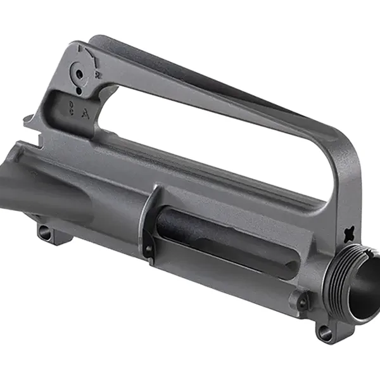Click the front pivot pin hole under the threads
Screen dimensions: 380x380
tap(326, 331)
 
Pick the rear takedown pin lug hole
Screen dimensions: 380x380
tap(45, 232)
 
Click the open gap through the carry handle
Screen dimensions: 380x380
tap(209, 139)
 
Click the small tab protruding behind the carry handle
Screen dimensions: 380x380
tap(28, 120)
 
